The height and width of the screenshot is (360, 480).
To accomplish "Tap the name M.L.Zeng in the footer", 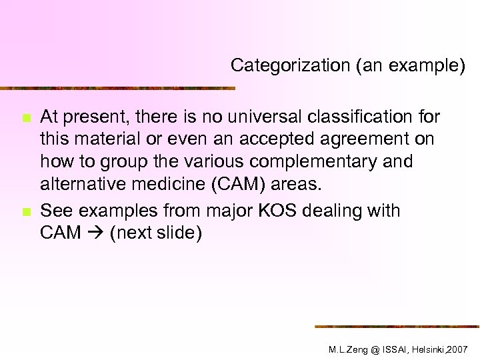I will point(350,349).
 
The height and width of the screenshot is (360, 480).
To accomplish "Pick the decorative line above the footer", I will point(397,326).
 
